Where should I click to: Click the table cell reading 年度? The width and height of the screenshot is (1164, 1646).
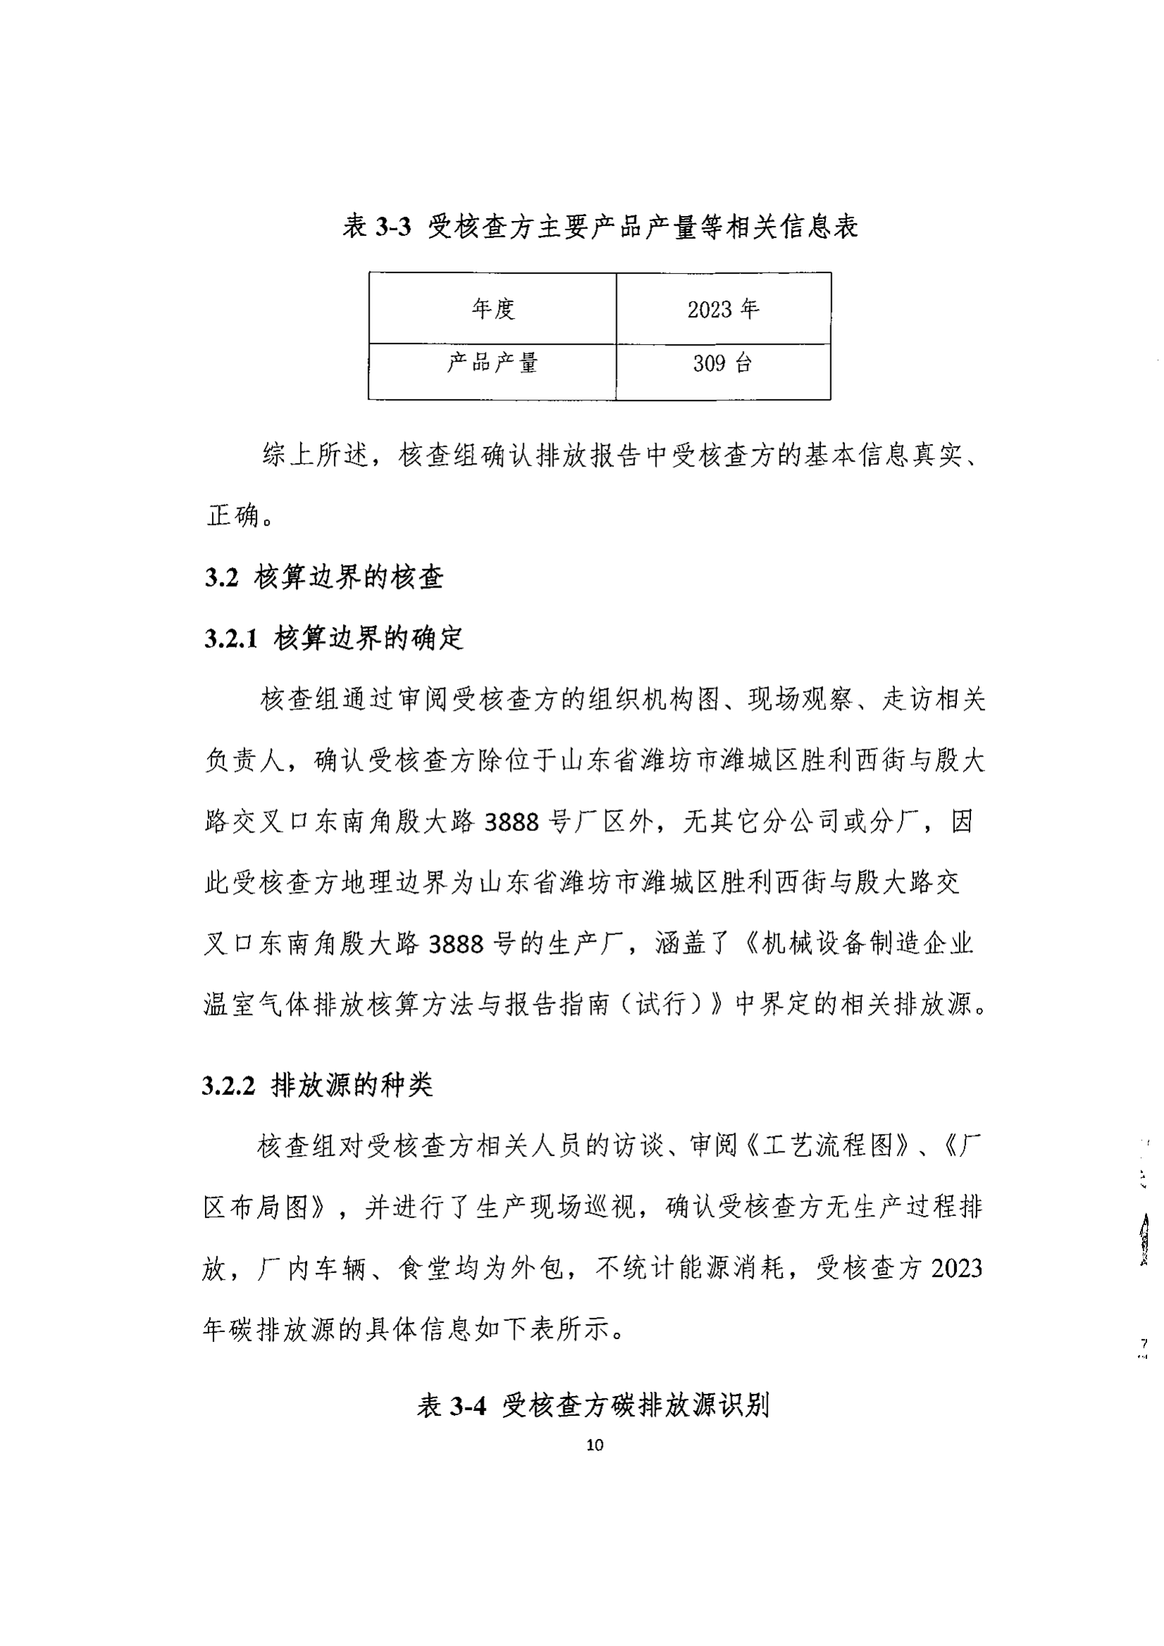tap(493, 309)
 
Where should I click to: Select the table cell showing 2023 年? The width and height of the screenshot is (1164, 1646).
tap(723, 309)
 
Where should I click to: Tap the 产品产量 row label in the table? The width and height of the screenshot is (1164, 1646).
tap(493, 363)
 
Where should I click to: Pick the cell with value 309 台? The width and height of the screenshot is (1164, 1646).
tap(723, 363)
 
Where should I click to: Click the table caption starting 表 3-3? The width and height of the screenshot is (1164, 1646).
tap(599, 227)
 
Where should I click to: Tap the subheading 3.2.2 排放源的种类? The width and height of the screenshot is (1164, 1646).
tap(318, 1086)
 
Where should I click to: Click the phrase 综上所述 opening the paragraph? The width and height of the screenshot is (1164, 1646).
tap(315, 455)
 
